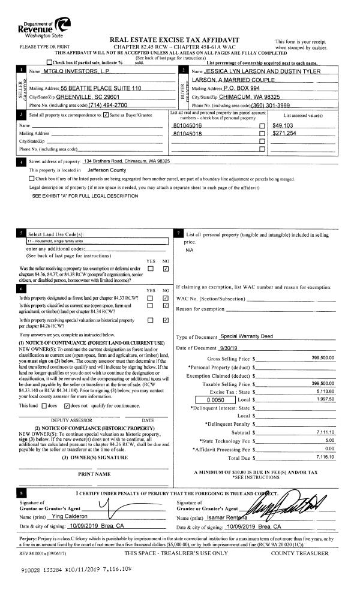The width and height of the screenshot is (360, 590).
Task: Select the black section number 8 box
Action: pyautogui.click(x=22, y=493)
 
